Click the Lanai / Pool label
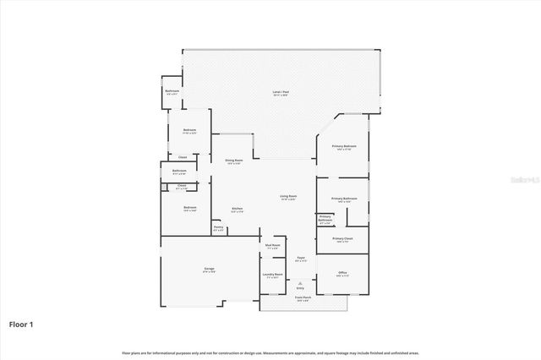[276, 91]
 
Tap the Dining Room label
[234, 161]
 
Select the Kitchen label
[238, 209]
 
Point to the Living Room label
[288, 196]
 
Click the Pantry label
[218, 226]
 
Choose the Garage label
[208, 269]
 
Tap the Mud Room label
[272, 245]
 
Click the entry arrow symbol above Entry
[299, 282]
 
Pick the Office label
[342, 272]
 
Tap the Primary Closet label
[342, 239]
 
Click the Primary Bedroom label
[344, 146]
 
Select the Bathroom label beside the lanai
[172, 90]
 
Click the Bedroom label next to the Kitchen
[190, 207]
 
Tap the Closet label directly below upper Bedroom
[182, 156]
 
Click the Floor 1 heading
[21, 324]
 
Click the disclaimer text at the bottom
[270, 352]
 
